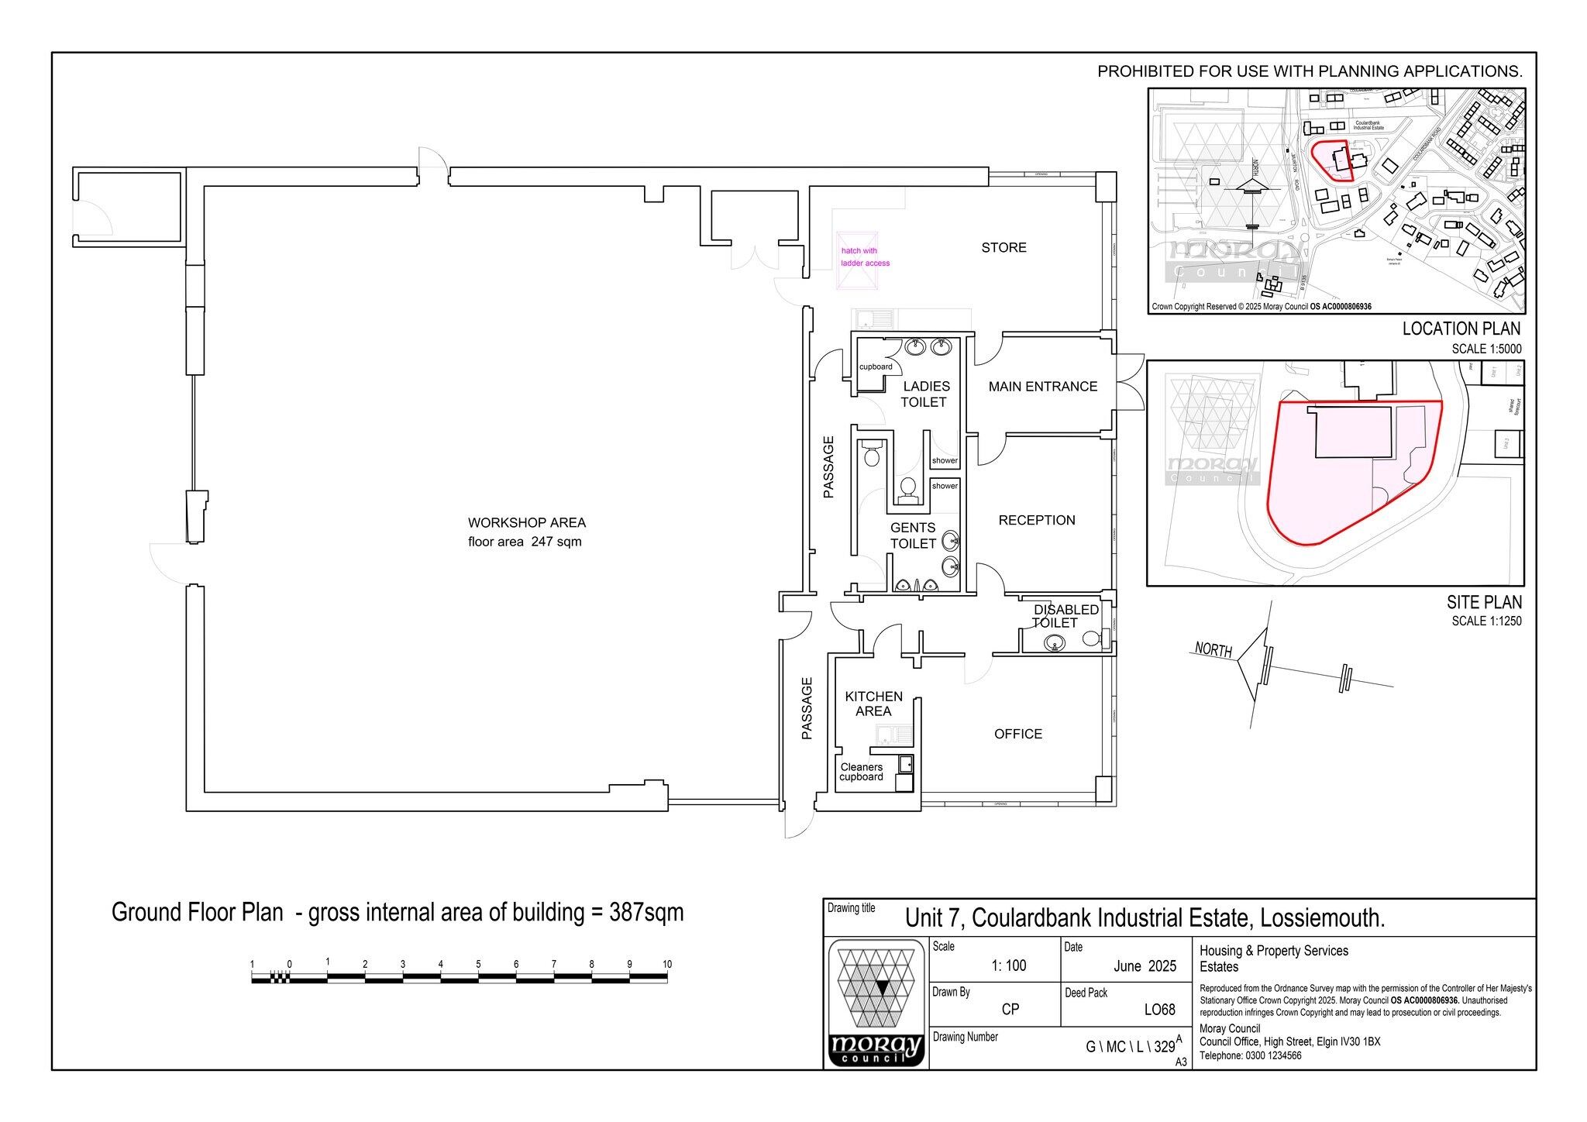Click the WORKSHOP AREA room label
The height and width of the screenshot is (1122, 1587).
pyautogui.click(x=526, y=523)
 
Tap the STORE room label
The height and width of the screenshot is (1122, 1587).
pyautogui.click(x=1003, y=248)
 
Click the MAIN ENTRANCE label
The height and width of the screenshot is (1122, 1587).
pyautogui.click(x=1042, y=387)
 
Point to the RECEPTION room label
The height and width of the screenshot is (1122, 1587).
pyautogui.click(x=1036, y=521)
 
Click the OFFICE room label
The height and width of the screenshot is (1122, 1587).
pyautogui.click(x=1017, y=735)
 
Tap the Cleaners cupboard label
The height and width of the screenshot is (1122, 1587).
pyautogui.click(x=861, y=773)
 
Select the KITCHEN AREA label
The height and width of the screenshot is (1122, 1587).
pyautogui.click(x=873, y=704)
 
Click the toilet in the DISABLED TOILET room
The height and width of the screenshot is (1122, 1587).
pyautogui.click(x=1092, y=639)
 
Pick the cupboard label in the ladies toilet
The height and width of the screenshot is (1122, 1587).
pyautogui.click(x=876, y=367)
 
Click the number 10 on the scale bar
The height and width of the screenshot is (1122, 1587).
pyautogui.click(x=666, y=965)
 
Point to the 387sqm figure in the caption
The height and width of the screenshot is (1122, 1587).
pyautogui.click(x=646, y=913)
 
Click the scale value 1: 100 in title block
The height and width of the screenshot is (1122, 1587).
pyautogui.click(x=1008, y=966)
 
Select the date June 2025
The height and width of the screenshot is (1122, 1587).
pyautogui.click(x=1145, y=966)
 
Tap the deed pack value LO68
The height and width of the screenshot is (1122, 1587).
pyautogui.click(x=1159, y=1010)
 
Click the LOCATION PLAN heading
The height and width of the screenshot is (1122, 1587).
pyautogui.click(x=1461, y=329)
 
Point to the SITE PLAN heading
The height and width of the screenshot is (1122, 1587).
pyautogui.click(x=1483, y=602)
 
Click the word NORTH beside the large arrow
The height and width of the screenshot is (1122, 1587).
pyautogui.click(x=1213, y=649)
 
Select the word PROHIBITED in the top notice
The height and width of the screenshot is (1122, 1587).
pyautogui.click(x=1145, y=72)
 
